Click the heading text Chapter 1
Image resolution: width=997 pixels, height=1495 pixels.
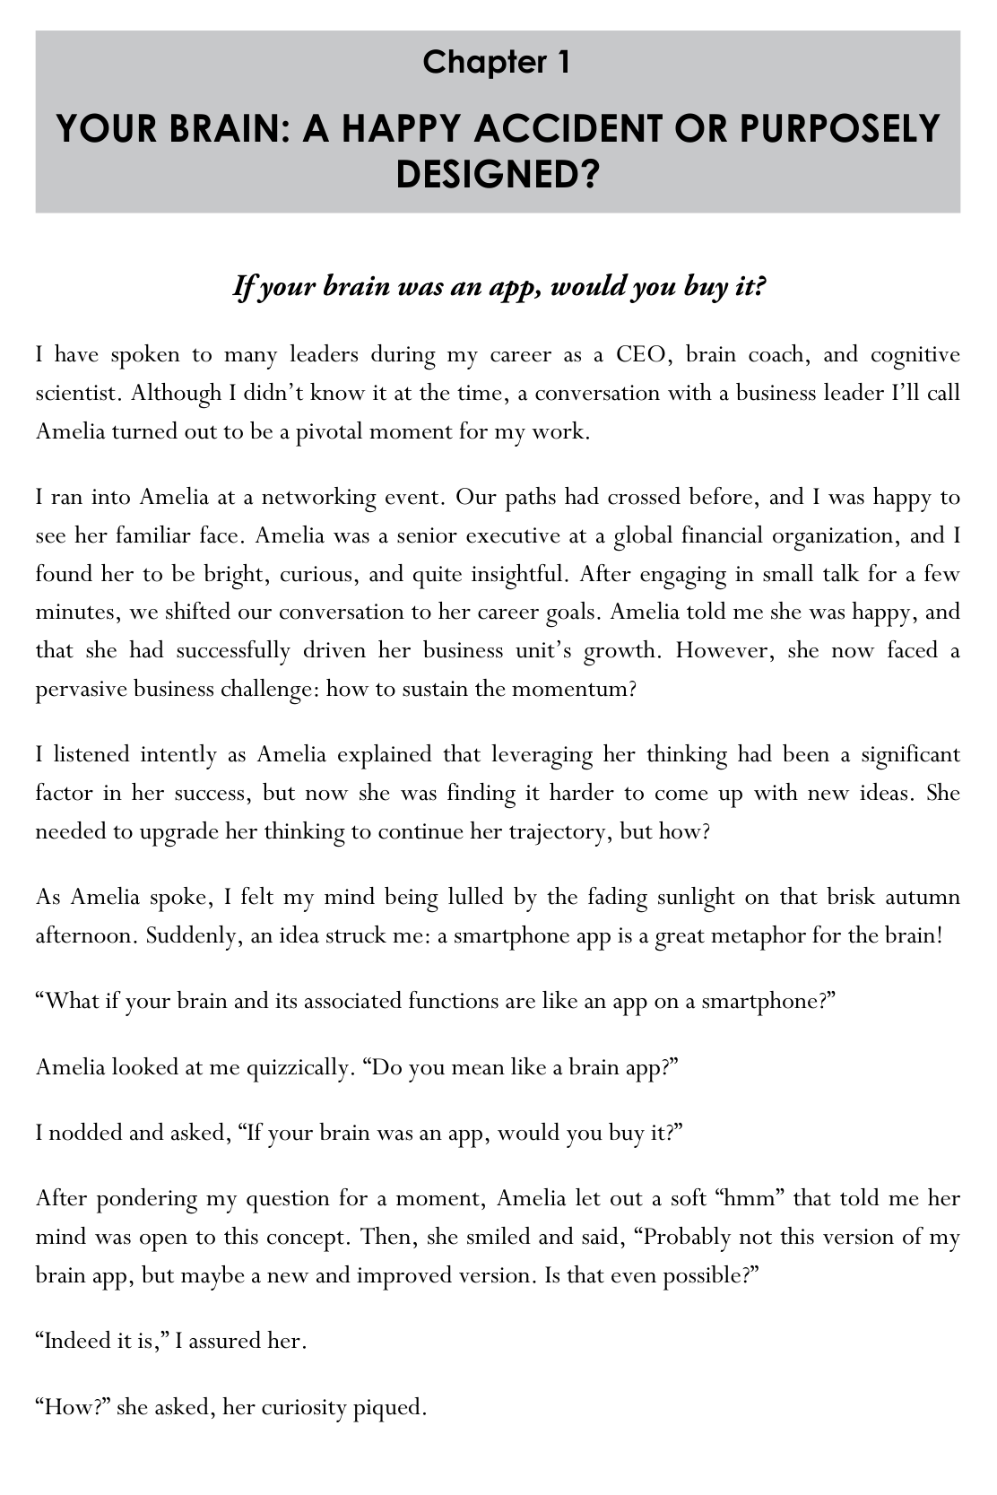pos(498,62)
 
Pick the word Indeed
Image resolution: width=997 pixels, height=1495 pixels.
pos(76,1343)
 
